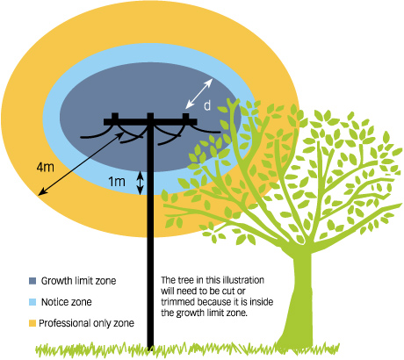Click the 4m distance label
click(x=46, y=167)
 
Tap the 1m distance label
click(x=117, y=182)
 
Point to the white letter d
click(x=207, y=105)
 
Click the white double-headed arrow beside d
click(x=199, y=93)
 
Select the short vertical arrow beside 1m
click(x=141, y=183)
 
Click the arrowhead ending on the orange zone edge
click(x=41, y=192)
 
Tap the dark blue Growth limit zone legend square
click(x=32, y=281)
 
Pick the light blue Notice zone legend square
click(x=32, y=302)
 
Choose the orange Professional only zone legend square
click(x=32, y=323)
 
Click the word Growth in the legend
click(x=56, y=281)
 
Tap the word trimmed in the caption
click(x=178, y=302)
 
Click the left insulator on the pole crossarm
click(x=115, y=116)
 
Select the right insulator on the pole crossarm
click(x=185, y=116)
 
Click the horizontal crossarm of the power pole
click(x=150, y=122)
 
